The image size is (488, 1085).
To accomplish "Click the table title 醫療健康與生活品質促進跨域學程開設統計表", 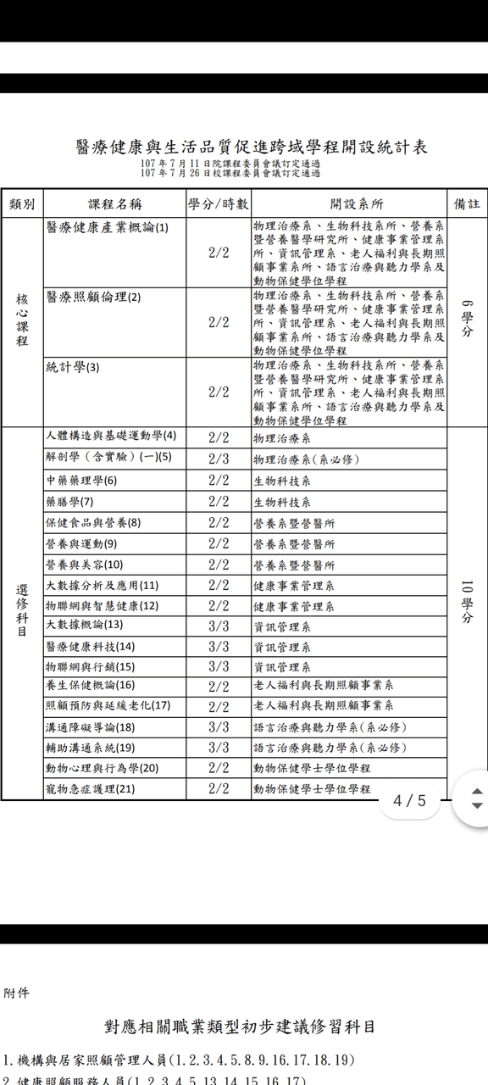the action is point(251,146).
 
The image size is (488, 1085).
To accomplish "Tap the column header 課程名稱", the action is point(114,204).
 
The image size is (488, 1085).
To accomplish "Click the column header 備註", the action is point(467,204).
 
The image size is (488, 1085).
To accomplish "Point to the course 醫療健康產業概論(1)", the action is point(108,227).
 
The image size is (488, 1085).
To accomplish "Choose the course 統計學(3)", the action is point(73,367).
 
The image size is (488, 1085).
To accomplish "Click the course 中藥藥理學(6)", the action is point(81,481).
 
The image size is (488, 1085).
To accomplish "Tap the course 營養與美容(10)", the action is point(84,565).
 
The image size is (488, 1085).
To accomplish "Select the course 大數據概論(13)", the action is point(84,625).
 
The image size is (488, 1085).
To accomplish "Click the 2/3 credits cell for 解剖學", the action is point(219,459).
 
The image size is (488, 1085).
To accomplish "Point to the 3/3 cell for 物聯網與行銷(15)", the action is point(219,667).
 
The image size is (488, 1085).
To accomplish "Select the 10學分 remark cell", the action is point(467,602).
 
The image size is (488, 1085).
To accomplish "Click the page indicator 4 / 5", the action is point(410,800).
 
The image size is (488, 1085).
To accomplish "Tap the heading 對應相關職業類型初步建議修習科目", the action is point(239,1027).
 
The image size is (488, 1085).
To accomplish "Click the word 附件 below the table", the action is point(16,993).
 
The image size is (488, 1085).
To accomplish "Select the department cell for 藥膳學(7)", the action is point(282,502).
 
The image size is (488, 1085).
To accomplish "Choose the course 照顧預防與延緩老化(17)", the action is point(108,705).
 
